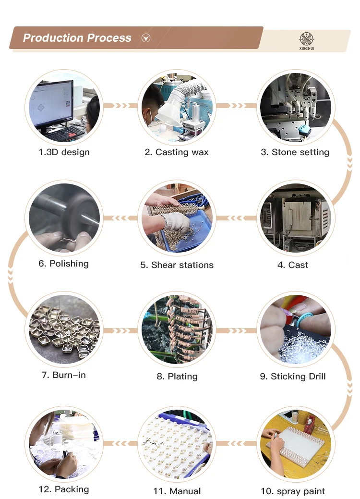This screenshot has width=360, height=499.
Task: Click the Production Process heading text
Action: (x=77, y=38)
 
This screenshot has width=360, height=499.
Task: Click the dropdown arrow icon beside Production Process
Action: (x=146, y=38)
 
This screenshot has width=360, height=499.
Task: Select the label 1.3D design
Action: (x=64, y=152)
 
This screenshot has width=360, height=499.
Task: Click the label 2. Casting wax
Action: (x=177, y=152)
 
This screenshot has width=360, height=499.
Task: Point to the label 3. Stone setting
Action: (x=295, y=152)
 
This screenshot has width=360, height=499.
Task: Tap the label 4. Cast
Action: (x=292, y=265)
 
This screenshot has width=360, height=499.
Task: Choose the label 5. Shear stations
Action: (x=177, y=265)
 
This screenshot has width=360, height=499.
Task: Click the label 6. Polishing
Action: (x=64, y=263)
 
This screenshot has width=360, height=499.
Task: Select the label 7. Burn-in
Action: (x=64, y=375)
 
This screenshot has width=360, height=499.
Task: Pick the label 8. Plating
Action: (x=177, y=377)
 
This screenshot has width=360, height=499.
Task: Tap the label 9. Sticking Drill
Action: (x=293, y=377)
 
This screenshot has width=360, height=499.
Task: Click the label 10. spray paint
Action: (x=293, y=491)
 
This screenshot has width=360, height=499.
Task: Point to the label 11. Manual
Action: (x=177, y=491)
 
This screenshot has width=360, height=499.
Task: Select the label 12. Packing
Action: (x=64, y=489)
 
